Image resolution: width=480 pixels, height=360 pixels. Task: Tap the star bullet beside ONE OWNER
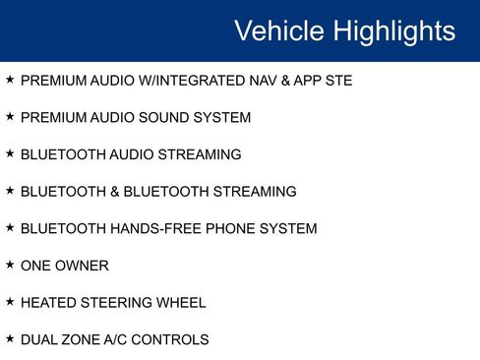pyautogui.click(x=10, y=265)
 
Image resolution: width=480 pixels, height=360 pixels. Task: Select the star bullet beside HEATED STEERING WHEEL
pyautogui.click(x=10, y=302)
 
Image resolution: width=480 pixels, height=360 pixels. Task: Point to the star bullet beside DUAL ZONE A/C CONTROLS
pyautogui.click(x=10, y=338)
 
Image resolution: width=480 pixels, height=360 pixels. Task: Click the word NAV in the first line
pyautogui.click(x=261, y=81)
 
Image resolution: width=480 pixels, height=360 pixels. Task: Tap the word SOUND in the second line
pyautogui.click(x=172, y=118)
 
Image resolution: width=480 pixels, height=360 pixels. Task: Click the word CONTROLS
pyautogui.click(x=174, y=340)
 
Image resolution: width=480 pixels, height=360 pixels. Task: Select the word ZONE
pyautogui.click(x=82, y=340)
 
